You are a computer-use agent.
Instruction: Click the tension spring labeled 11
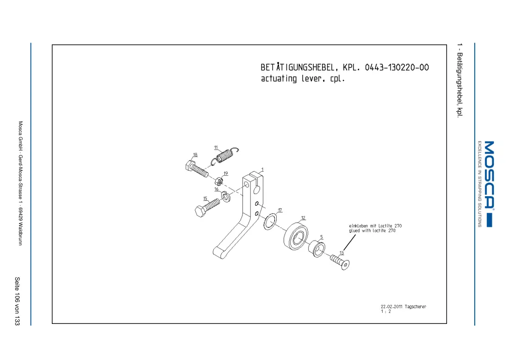click(x=224, y=155)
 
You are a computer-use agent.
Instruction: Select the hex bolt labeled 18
click(x=197, y=169)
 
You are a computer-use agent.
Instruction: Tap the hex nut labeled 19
click(x=219, y=181)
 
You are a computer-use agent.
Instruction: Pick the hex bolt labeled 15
click(x=207, y=208)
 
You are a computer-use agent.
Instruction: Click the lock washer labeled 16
click(x=226, y=197)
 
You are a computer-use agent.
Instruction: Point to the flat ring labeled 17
click(x=270, y=222)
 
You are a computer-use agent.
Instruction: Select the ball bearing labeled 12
click(x=296, y=236)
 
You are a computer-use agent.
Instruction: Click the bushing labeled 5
click(x=317, y=248)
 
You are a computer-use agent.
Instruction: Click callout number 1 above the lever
click(x=263, y=170)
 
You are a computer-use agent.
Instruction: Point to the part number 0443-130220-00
click(x=397, y=68)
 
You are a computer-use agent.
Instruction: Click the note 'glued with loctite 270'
click(x=372, y=231)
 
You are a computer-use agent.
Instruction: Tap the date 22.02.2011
click(x=391, y=306)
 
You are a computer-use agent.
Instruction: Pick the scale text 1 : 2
click(x=385, y=311)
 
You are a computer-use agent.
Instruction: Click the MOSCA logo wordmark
click(x=489, y=174)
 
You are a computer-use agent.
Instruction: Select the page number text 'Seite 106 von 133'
click(x=17, y=301)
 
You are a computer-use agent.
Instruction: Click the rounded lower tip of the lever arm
click(x=217, y=253)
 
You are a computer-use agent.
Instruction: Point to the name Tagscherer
click(x=415, y=306)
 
